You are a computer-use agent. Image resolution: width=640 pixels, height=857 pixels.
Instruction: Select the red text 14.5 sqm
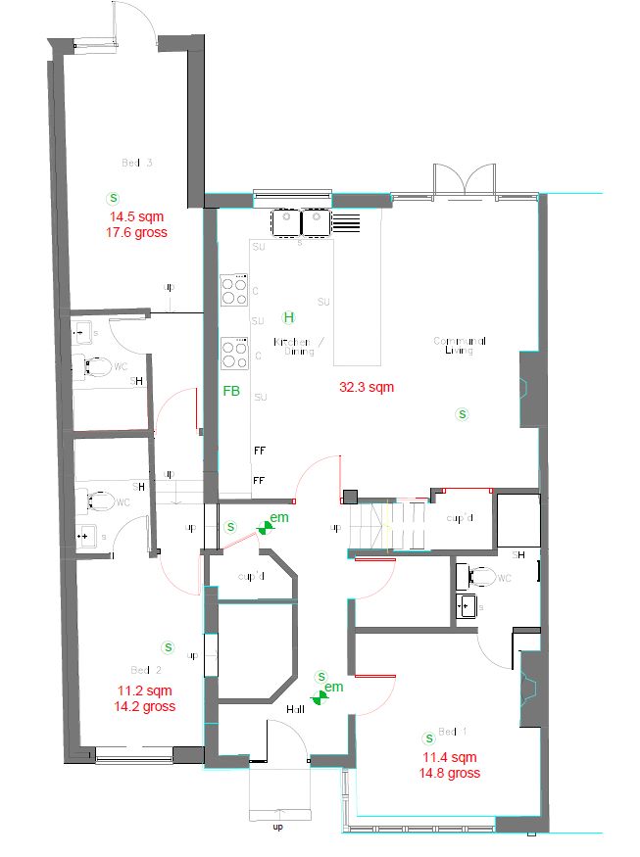point(137,217)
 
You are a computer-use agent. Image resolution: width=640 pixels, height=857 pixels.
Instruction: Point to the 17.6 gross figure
point(137,233)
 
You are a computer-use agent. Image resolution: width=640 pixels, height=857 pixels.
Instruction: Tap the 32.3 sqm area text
point(366,387)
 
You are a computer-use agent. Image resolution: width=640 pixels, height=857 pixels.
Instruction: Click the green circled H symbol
point(288,317)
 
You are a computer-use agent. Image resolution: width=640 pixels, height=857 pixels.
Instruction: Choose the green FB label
point(231,391)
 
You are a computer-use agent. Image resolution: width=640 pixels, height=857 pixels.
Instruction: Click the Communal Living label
point(460,345)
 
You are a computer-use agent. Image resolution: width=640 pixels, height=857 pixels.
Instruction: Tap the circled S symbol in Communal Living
point(462,414)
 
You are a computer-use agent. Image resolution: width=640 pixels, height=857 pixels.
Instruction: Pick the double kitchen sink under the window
point(302,223)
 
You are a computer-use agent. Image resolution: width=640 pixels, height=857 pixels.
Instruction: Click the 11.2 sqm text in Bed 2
point(144,690)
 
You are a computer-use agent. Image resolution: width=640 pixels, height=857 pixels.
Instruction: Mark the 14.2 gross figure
point(144,705)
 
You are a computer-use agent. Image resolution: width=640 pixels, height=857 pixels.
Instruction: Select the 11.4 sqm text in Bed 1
point(449,757)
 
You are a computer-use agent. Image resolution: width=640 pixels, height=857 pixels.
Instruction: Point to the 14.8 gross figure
point(449,773)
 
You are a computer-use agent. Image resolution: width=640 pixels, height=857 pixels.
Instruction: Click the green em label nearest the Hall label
point(334,688)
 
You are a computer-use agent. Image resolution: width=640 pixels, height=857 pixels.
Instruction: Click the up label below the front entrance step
point(276,828)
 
